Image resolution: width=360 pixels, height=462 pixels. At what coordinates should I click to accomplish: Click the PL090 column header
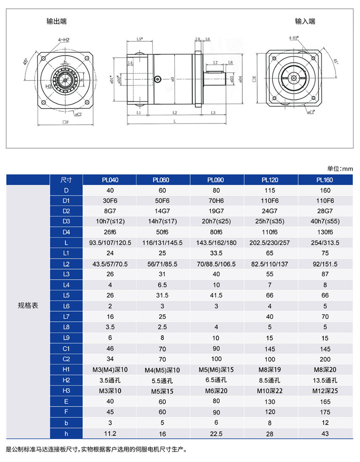217,180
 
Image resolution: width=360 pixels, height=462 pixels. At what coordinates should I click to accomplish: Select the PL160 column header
324,180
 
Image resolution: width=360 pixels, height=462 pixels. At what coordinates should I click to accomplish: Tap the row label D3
66,221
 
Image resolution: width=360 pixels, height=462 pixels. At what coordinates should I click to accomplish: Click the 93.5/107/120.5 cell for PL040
110,243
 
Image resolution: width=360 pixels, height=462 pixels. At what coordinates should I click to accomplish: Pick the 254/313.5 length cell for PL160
324,243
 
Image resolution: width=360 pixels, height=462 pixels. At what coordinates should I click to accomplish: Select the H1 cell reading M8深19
271,369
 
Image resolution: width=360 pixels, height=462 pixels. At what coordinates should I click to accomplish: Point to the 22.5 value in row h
217,433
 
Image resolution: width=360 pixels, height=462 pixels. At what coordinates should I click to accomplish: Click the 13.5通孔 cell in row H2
324,380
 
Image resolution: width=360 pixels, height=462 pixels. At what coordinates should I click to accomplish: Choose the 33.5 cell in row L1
217,253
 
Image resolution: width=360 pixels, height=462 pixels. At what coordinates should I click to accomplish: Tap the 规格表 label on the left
28,305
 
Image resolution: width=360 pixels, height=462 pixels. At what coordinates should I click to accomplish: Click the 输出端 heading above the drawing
56,22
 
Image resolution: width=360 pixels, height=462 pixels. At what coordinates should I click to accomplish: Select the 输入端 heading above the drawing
305,22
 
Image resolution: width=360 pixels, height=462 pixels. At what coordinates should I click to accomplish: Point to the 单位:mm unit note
340,169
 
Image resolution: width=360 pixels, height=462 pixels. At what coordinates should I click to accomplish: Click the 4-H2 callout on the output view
64,39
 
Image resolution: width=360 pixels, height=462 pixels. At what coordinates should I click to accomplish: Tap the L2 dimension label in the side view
174,112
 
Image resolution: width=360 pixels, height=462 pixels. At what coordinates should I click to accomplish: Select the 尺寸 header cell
66,180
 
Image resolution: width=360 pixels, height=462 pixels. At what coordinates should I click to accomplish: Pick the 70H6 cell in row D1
217,200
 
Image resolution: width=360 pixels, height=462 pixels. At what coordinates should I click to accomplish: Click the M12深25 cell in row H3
324,390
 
